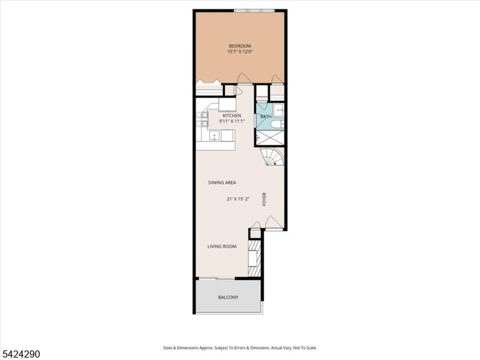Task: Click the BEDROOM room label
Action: click(x=240, y=46)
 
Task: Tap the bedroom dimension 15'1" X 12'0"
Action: click(x=240, y=52)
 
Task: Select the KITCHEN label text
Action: click(x=232, y=116)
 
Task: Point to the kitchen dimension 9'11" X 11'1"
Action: click(x=232, y=121)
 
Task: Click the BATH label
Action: click(x=266, y=117)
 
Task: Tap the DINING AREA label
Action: click(x=222, y=182)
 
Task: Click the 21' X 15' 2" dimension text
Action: click(x=238, y=199)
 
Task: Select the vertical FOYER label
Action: click(x=264, y=199)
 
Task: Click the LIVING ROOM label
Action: click(x=222, y=246)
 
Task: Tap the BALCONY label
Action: click(x=228, y=297)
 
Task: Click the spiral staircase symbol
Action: click(x=272, y=156)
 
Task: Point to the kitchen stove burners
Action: click(x=202, y=119)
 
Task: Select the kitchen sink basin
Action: click(x=214, y=135)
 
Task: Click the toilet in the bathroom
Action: click(x=277, y=124)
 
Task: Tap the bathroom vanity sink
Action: click(x=279, y=109)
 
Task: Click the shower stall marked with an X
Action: click(x=270, y=137)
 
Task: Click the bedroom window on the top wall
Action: click(x=254, y=11)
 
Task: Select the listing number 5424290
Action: click(x=20, y=354)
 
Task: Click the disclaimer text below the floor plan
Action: click(x=240, y=347)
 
